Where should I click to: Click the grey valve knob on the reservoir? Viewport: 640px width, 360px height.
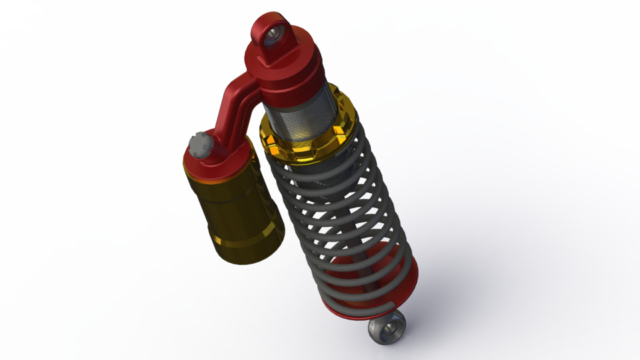tap(199, 143)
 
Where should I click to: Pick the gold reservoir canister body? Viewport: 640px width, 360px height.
tap(233, 207)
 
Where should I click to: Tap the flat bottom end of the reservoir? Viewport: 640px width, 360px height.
tap(247, 257)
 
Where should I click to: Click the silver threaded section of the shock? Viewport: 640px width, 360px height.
tap(297, 120)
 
